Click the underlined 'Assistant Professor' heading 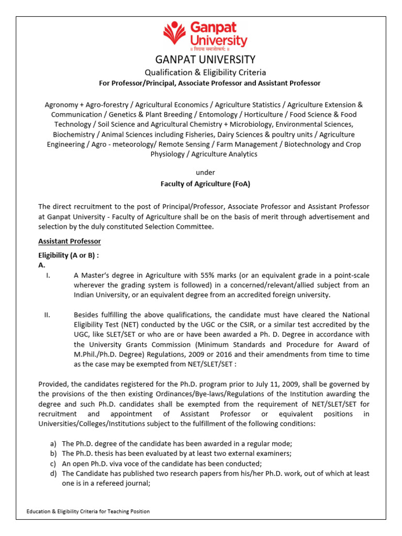tap(70, 241)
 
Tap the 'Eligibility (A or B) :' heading tap(69, 255)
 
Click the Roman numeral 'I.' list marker tap(48, 275)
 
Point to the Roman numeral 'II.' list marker tap(47, 315)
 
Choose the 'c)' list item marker tap(52, 464)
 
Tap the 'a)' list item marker tap(52, 444)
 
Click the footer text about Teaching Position tap(88, 511)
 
